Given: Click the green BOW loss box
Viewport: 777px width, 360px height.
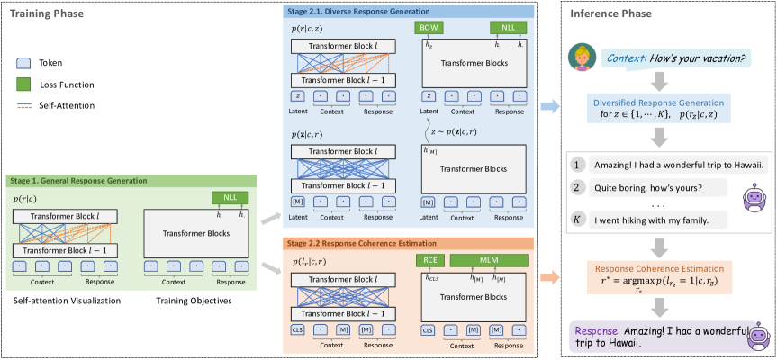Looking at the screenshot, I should click(x=431, y=28).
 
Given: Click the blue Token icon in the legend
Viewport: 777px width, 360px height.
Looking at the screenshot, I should click(x=24, y=64).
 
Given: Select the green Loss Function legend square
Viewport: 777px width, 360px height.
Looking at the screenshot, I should click(x=24, y=85).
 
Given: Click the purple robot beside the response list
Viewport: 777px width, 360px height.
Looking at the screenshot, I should click(x=753, y=197).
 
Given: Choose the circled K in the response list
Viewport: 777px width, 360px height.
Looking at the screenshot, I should click(x=578, y=220).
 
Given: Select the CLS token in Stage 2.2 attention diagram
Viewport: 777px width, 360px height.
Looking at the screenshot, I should click(x=297, y=330).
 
